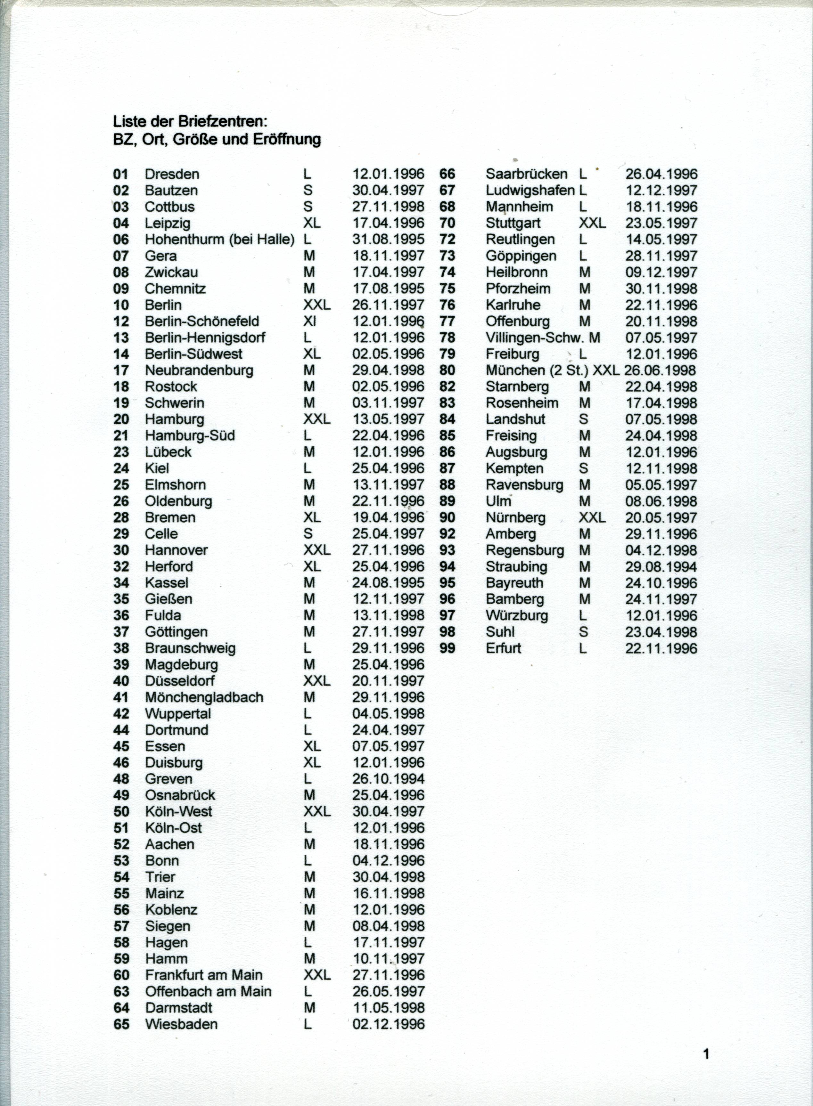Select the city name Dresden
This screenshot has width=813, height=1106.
pyautogui.click(x=172, y=174)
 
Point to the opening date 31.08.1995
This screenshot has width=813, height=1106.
pyautogui.click(x=388, y=240)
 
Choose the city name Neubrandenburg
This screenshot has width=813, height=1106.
pyautogui.click(x=199, y=370)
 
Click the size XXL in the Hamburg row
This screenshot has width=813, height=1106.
pyautogui.click(x=316, y=419)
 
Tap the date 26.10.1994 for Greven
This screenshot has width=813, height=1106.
pyautogui.click(x=388, y=779)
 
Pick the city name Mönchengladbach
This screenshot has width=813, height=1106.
pyautogui.click(x=204, y=697)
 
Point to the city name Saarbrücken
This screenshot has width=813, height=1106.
pyautogui.click(x=526, y=174)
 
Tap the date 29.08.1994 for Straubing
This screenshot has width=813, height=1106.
pyautogui.click(x=661, y=567)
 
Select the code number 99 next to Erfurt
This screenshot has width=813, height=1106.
pyautogui.click(x=448, y=648)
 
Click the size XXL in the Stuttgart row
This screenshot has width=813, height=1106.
pyautogui.click(x=592, y=224)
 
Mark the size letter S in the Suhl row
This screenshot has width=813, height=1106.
pyautogui.click(x=584, y=632)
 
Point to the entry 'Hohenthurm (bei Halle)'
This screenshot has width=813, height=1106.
pyautogui.click(x=219, y=240)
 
